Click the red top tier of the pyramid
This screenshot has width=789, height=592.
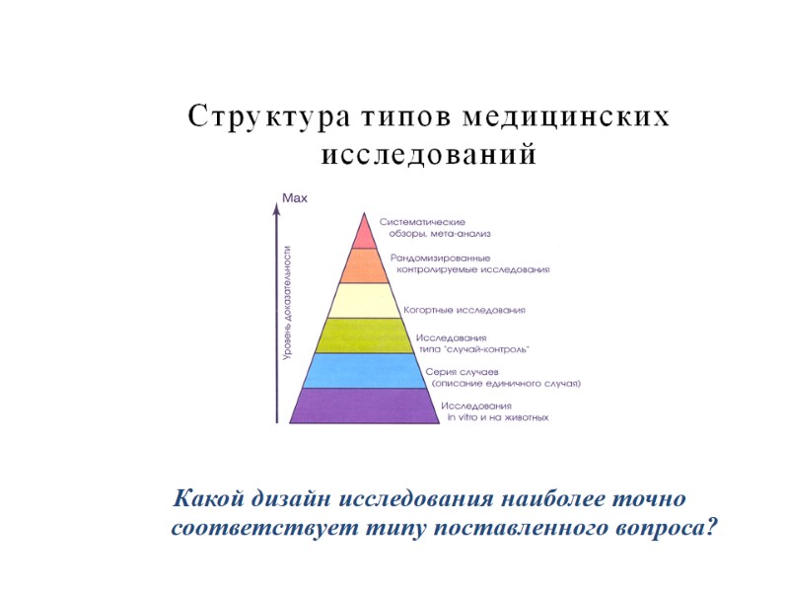(x=364, y=233)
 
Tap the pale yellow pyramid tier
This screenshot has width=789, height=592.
(x=364, y=300)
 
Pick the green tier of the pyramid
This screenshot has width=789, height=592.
(x=364, y=335)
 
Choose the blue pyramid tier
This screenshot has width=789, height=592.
(x=364, y=370)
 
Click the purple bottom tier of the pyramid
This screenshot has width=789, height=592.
(x=364, y=406)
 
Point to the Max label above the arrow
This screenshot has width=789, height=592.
(x=295, y=198)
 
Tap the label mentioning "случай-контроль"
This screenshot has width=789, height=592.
(x=474, y=342)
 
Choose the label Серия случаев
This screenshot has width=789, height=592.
(x=504, y=377)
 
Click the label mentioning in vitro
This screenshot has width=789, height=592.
(x=494, y=411)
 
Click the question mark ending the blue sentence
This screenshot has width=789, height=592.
(x=711, y=526)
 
